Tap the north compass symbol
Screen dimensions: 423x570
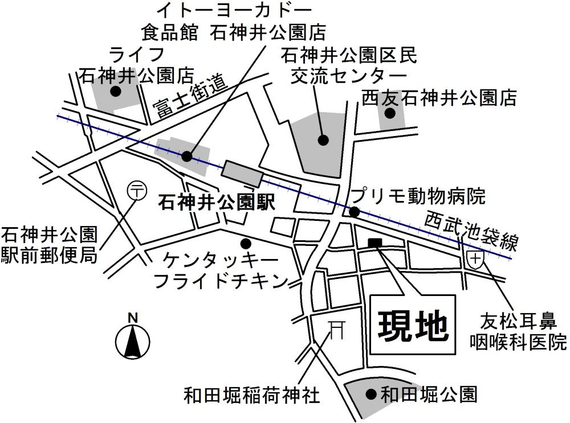tap(133, 341)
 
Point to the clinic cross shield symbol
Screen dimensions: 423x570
tap(475, 259)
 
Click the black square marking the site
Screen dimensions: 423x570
tap(376, 243)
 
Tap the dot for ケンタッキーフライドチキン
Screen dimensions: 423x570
tap(246, 243)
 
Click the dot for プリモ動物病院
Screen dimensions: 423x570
tap(354, 212)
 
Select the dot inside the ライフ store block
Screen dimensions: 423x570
tap(116, 91)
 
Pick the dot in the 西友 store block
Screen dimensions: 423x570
tap(390, 113)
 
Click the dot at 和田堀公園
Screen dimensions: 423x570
tap(370, 393)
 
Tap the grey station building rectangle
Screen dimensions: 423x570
tap(243, 174)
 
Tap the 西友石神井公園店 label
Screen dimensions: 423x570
tap(439, 98)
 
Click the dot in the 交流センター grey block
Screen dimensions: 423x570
tap(323, 139)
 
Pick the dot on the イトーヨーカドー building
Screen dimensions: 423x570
tap(187, 155)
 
